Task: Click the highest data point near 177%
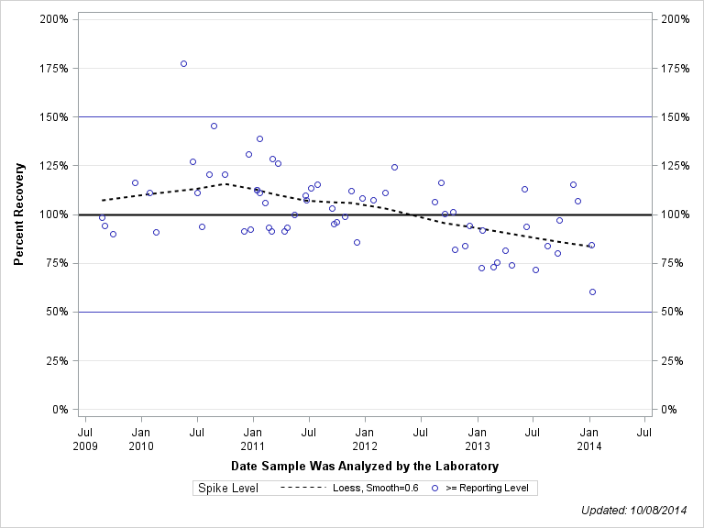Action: tap(183, 63)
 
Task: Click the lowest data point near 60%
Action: tap(592, 291)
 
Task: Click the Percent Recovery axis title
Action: tap(18, 214)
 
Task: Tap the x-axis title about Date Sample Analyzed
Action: tap(365, 467)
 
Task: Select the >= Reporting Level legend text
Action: tap(487, 488)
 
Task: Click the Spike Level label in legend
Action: tap(228, 488)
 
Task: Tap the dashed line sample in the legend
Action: tap(302, 488)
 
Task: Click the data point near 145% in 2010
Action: tap(214, 126)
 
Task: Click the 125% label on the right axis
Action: tap(674, 166)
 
